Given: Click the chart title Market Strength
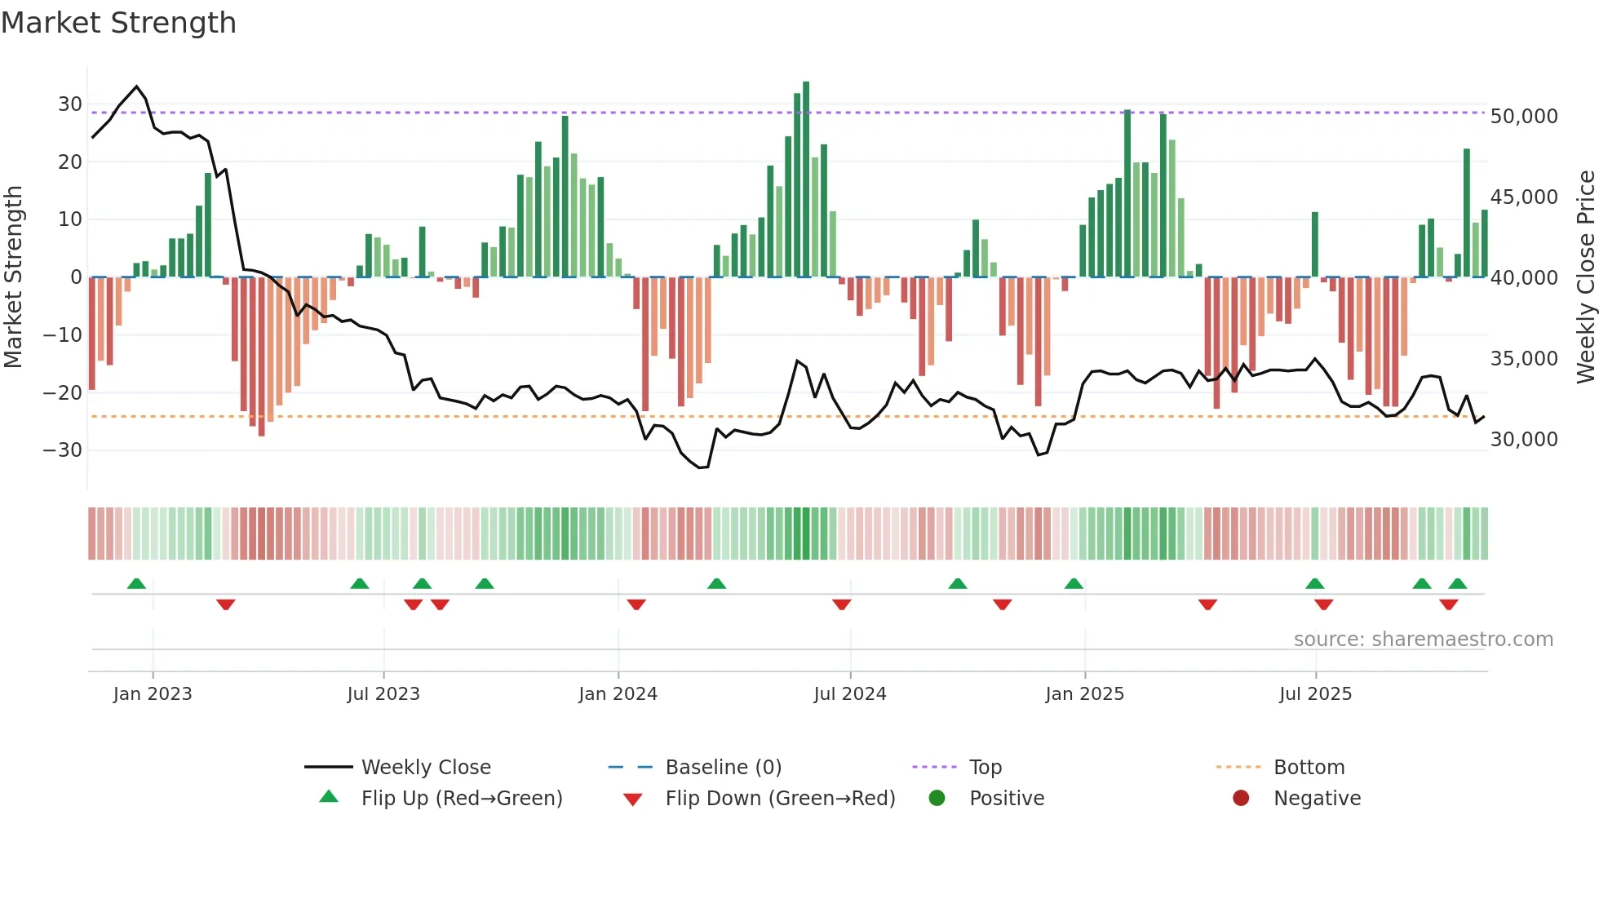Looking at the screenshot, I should pyautogui.click(x=118, y=23).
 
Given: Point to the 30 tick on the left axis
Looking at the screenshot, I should pyautogui.click(x=69, y=104).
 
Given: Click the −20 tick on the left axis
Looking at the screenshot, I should pyautogui.click(x=63, y=392).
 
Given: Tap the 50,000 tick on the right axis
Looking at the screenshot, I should pyautogui.click(x=1523, y=117).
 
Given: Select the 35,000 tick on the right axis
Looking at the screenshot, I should pyautogui.click(x=1523, y=359).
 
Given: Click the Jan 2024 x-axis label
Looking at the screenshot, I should pyautogui.click(x=618, y=694).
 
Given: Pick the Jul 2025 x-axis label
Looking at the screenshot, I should pyautogui.click(x=1315, y=694).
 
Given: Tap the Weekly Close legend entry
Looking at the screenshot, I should pyautogui.click(x=426, y=768).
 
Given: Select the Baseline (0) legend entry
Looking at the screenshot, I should pyautogui.click(x=723, y=768).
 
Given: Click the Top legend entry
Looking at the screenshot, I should pyautogui.click(x=985, y=768).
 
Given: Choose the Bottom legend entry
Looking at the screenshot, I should pyautogui.click(x=1309, y=768).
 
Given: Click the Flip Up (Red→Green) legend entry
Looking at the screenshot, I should pyautogui.click(x=462, y=799).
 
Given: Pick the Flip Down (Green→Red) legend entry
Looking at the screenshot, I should pyautogui.click(x=780, y=799).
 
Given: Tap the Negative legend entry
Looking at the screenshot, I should pyautogui.click(x=1317, y=799).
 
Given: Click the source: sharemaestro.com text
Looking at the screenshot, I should pyautogui.click(x=1423, y=640).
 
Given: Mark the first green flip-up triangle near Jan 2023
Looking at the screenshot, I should pyautogui.click(x=136, y=584).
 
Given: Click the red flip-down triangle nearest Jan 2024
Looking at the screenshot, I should pyautogui.click(x=636, y=604).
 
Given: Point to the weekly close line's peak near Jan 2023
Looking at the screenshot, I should pyautogui.click(x=136, y=86).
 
